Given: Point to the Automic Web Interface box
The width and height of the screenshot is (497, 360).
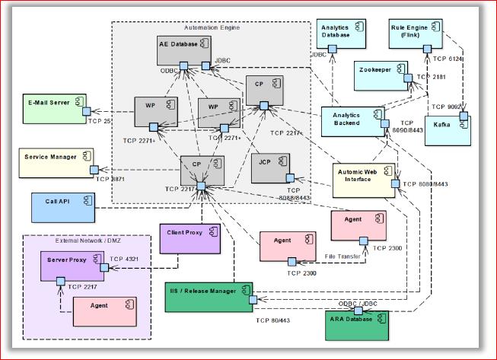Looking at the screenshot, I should point(364,179).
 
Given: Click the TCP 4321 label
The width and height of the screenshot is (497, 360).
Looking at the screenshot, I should point(126,259).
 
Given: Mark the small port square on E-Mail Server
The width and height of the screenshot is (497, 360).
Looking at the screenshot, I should point(88,111).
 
